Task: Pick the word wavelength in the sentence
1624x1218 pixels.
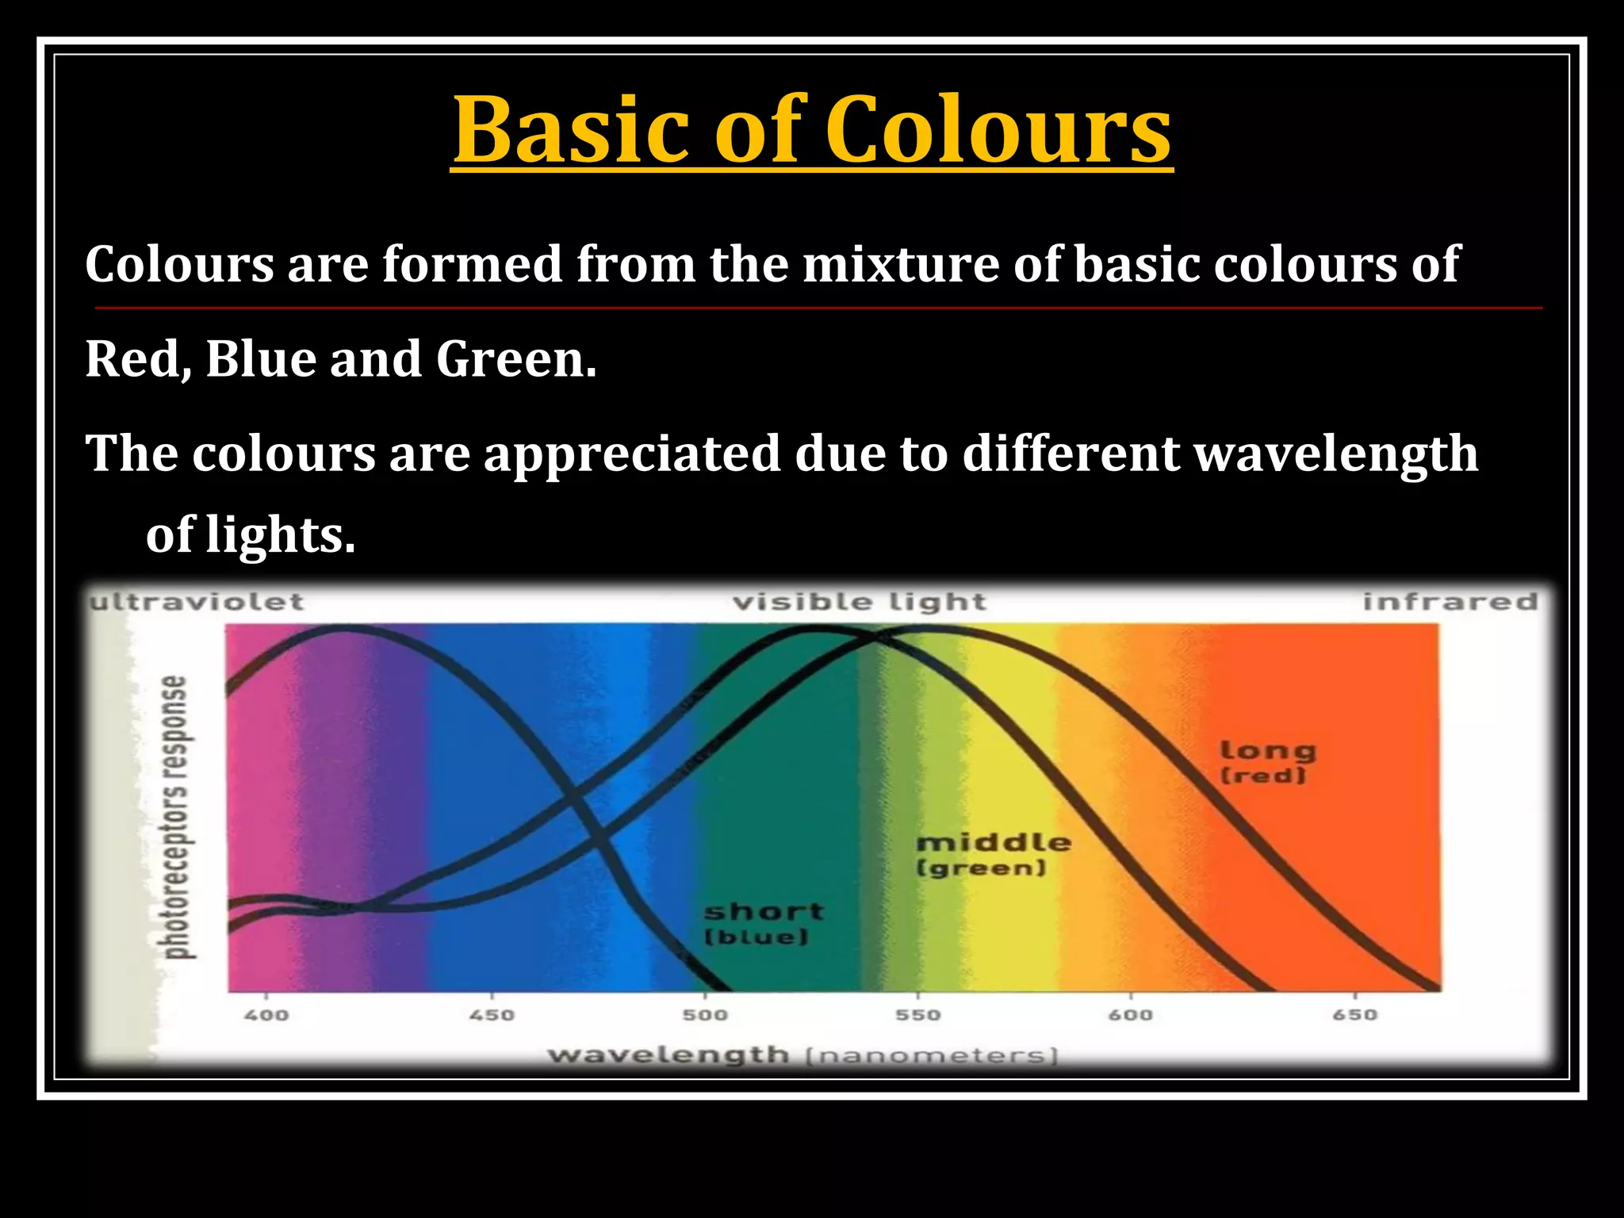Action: (x=1336, y=455)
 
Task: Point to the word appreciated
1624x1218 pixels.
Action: (x=632, y=455)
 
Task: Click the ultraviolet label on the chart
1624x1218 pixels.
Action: (x=196, y=602)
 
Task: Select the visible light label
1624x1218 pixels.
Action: (x=860, y=603)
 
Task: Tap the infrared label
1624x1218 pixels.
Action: (x=1450, y=602)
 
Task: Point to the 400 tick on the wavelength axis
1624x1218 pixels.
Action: (x=266, y=1015)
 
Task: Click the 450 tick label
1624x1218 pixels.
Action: (x=492, y=1015)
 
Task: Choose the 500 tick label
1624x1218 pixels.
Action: (x=705, y=1015)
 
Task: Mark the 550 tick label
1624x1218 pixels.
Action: (x=918, y=1015)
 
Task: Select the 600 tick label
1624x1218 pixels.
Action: (x=1131, y=1015)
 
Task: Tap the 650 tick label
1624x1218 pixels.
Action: (x=1355, y=1015)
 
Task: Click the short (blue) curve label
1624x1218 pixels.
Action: (x=762, y=924)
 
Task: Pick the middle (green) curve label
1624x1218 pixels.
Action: (x=993, y=854)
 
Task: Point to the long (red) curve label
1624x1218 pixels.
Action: (x=1266, y=761)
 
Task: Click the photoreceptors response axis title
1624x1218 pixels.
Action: (x=175, y=817)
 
